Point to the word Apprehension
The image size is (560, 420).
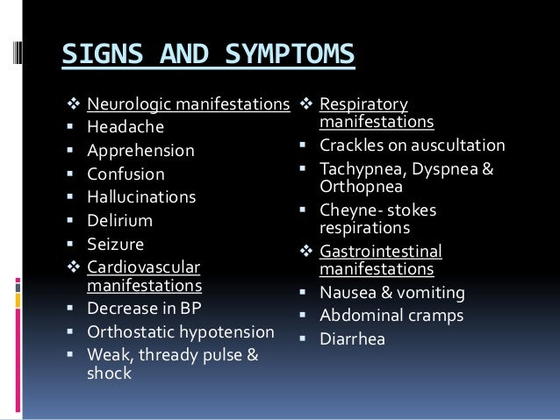[x=141, y=151]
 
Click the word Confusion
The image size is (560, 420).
[x=126, y=174]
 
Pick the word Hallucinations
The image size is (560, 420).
[x=142, y=196]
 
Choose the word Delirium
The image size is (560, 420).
[x=120, y=220]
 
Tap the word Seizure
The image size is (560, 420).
[x=116, y=243]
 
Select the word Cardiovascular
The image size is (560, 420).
[x=144, y=267]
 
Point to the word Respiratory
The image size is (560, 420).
[x=364, y=104]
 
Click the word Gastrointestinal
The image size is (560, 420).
[x=381, y=252]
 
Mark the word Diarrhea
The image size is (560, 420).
[x=353, y=338]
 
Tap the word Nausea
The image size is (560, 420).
[x=348, y=293]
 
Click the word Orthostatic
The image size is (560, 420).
[x=130, y=331]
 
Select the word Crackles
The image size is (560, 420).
[x=351, y=146]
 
